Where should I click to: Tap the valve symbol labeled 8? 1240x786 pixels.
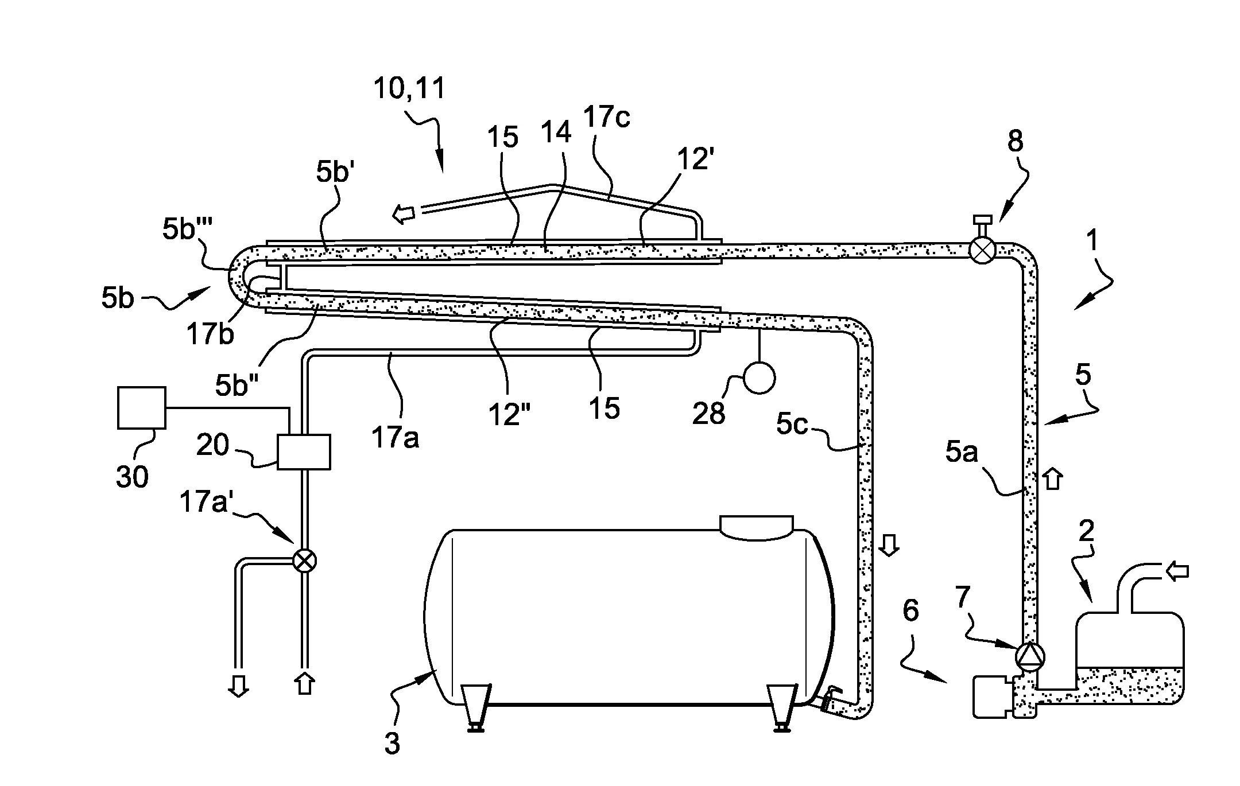982,251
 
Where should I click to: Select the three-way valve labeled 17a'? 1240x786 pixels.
304,560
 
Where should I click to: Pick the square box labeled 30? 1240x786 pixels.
141,408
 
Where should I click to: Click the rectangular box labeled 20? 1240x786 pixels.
304,452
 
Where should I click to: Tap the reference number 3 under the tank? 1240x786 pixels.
392,744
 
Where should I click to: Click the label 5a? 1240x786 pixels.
962,453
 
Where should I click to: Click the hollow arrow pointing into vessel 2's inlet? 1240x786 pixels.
1176,571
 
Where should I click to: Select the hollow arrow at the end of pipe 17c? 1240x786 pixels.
404,215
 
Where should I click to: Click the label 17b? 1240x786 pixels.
211,334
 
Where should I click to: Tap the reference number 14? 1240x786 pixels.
556,133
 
